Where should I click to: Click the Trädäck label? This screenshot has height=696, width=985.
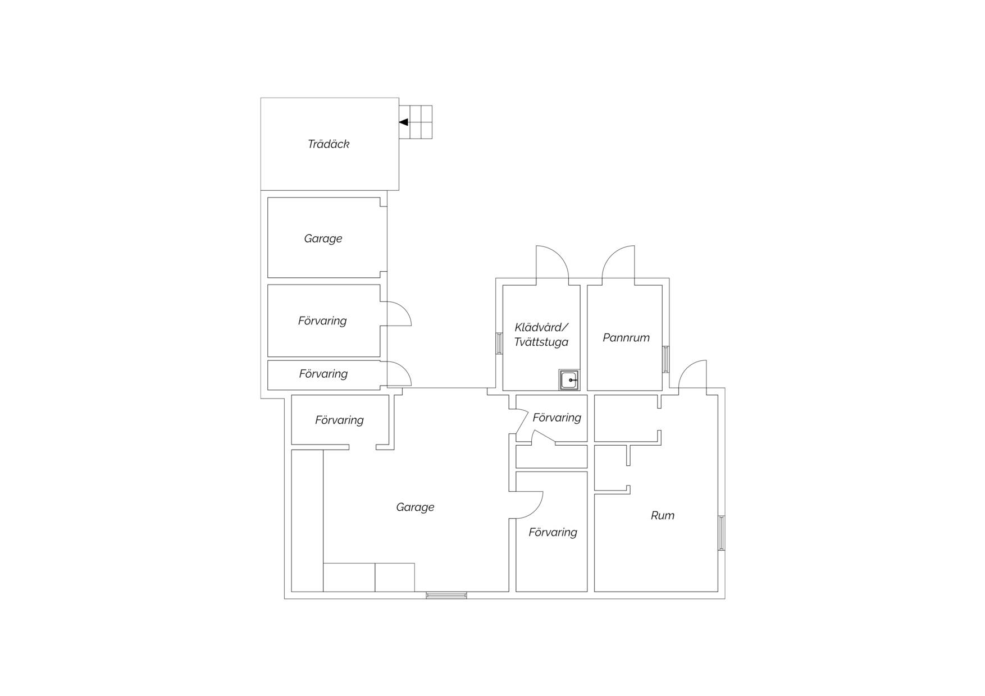(x=329, y=144)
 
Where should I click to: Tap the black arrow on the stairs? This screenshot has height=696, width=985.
(x=403, y=122)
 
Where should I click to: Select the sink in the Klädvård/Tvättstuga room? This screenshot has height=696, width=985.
(x=569, y=380)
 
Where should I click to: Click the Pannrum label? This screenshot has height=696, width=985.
(x=626, y=338)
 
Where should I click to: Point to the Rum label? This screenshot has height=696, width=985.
(x=663, y=516)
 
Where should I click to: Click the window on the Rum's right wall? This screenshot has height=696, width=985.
(x=722, y=533)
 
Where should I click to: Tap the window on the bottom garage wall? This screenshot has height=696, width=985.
(x=446, y=595)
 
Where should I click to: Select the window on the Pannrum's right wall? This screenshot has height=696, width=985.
(x=666, y=359)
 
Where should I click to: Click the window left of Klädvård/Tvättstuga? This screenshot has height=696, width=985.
(x=499, y=344)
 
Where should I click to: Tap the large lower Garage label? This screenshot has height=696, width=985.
(x=415, y=507)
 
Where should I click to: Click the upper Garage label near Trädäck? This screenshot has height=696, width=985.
(x=323, y=239)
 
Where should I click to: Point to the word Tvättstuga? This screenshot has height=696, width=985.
(x=541, y=342)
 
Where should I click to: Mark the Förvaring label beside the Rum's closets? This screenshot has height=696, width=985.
(x=557, y=418)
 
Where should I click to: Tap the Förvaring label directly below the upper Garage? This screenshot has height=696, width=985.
(x=322, y=321)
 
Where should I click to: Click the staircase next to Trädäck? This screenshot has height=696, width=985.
(x=416, y=122)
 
